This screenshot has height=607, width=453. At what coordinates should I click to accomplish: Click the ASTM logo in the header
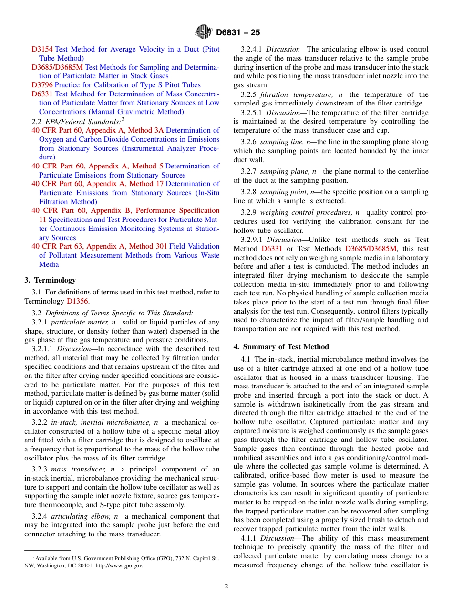coord(204,32)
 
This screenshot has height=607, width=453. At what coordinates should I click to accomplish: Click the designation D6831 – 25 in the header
coord(238,33)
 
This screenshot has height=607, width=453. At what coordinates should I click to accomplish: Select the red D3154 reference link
coord(42,49)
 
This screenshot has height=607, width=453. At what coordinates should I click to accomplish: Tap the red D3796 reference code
coord(42,85)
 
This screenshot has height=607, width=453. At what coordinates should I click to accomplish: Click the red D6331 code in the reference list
coord(42,94)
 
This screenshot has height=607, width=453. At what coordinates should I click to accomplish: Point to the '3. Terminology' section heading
coord(50,280)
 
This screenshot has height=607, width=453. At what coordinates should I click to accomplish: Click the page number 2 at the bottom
coord(226,586)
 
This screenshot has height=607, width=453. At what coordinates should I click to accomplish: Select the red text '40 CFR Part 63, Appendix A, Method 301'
coord(99,246)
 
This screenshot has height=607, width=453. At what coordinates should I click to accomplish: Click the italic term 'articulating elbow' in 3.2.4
coord(78,516)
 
